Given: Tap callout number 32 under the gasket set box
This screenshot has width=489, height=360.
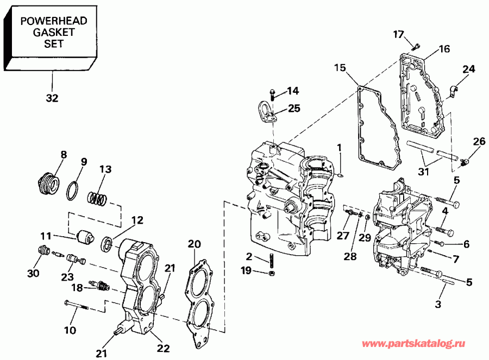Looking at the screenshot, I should coord(52,99).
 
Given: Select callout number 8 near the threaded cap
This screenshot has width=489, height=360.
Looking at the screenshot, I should coord(64,155).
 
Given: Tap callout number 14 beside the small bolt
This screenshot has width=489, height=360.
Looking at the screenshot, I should coord(293,90).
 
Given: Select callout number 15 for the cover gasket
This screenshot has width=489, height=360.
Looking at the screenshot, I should coord(340,68).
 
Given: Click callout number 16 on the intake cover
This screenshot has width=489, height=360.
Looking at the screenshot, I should coord(444,49).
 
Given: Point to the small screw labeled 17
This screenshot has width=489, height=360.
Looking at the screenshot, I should coord(416,46).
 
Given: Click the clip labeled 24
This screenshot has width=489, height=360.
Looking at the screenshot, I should coord(455,87).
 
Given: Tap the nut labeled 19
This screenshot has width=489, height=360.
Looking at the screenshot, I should coord(272,272).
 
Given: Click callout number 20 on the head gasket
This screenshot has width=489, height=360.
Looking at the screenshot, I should coord(194,244).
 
